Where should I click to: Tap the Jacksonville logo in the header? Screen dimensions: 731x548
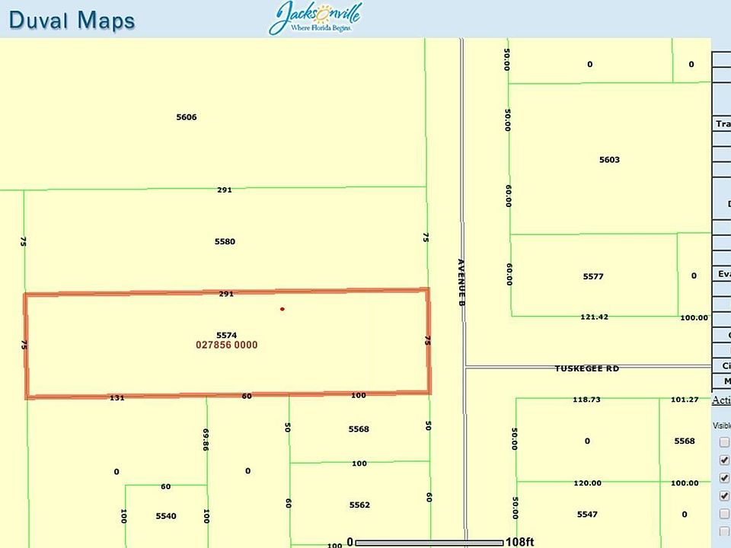(314, 18)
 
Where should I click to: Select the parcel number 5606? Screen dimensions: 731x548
(187, 117)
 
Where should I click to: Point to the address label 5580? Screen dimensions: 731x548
(225, 241)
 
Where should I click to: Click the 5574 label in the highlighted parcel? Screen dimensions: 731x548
(227, 335)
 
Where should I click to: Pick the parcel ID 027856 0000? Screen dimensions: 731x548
(227, 345)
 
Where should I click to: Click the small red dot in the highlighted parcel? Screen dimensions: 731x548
(283, 309)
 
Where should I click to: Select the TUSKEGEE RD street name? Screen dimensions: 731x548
(586, 368)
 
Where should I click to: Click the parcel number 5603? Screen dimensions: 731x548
(609, 160)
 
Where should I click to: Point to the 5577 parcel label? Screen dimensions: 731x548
(592, 276)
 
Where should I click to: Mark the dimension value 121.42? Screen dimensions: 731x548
(594, 317)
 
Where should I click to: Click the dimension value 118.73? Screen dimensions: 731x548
(587, 399)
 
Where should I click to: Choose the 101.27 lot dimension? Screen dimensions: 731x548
(684, 399)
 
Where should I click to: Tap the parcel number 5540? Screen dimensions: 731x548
(166, 516)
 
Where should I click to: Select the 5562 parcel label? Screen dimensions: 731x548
(359, 505)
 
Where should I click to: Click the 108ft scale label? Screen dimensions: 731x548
(519, 542)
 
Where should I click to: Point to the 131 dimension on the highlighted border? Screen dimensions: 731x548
(117, 397)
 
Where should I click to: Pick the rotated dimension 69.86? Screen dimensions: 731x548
(206, 440)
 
